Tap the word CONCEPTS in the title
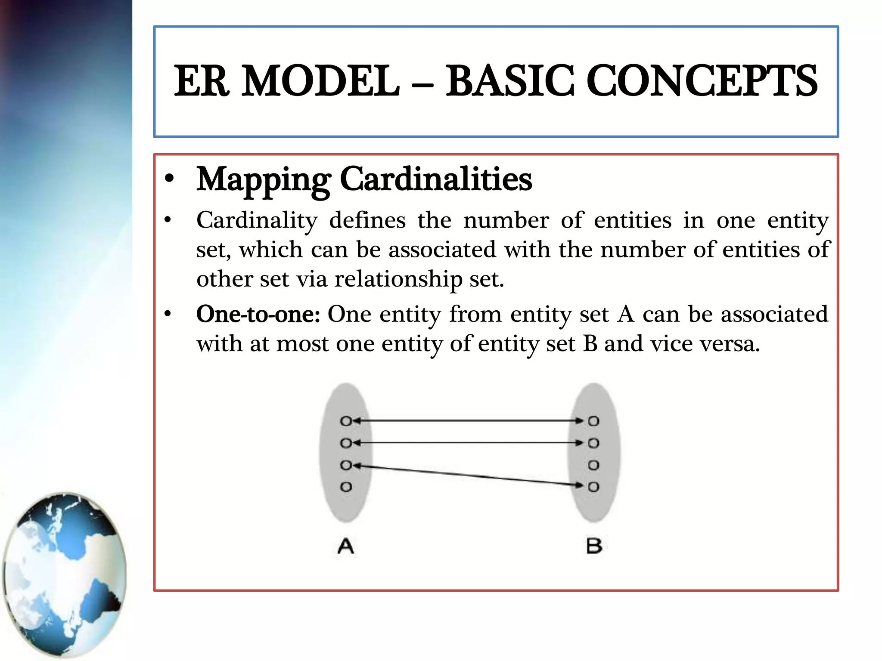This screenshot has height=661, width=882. pyautogui.click(x=702, y=81)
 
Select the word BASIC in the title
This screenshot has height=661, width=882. pyautogui.click(x=509, y=81)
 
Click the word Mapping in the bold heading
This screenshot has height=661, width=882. pyautogui.click(x=264, y=179)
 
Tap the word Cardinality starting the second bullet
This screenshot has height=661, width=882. pyautogui.click(x=257, y=221)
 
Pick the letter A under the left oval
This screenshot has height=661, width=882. pyautogui.click(x=346, y=546)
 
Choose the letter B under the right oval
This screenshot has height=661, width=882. pyautogui.click(x=594, y=546)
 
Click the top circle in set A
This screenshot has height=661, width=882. pyautogui.click(x=346, y=421)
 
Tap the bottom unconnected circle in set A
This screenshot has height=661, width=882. pyautogui.click(x=346, y=487)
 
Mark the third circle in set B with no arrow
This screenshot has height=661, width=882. pyautogui.click(x=593, y=465)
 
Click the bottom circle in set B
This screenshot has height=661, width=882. pyautogui.click(x=593, y=487)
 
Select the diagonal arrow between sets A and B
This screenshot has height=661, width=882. pyautogui.click(x=469, y=476)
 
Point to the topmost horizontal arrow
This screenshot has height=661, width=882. pyautogui.click(x=469, y=421)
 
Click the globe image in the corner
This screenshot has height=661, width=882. pyautogui.click(x=65, y=575)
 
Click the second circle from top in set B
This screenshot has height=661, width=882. pyautogui.click(x=593, y=443)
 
